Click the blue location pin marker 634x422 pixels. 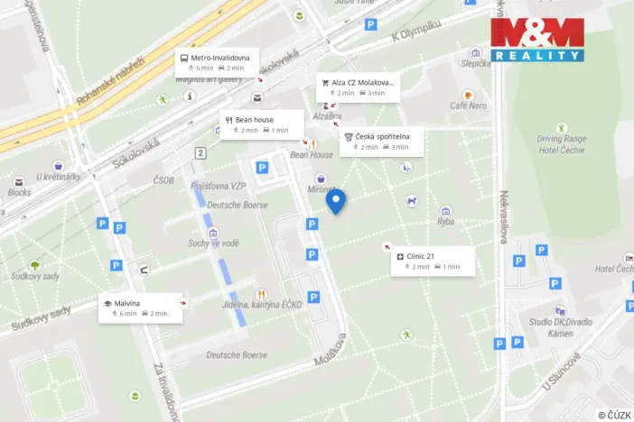[336, 201]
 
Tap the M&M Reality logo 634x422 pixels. [536, 39]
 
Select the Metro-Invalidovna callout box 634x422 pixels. [217, 61]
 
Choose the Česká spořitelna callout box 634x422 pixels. [381, 141]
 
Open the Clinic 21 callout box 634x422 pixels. [433, 261]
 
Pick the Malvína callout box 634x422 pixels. [140, 307]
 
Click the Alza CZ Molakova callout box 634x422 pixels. [358, 87]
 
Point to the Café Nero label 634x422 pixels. [468, 105]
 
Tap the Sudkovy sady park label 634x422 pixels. [33, 276]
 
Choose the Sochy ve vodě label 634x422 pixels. [213, 243]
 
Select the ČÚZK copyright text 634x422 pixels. [613, 414]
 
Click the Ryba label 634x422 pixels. [446, 221]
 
